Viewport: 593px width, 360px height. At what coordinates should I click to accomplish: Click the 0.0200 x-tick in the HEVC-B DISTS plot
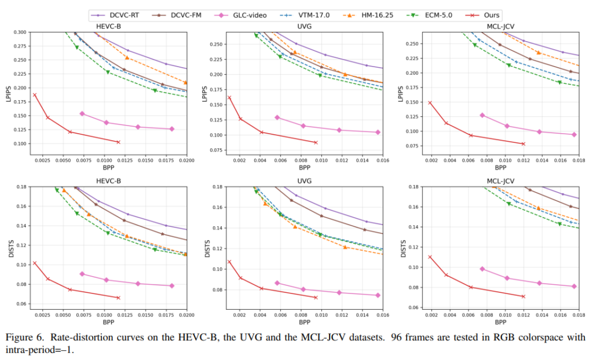186,314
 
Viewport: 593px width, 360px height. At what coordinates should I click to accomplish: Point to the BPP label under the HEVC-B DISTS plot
108,322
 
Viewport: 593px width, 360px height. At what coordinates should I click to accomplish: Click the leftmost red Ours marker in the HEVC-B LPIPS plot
35,95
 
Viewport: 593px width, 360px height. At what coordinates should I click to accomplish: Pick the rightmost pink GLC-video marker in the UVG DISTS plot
378,295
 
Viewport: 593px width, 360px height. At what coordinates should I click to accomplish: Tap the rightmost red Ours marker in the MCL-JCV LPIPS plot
523,144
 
